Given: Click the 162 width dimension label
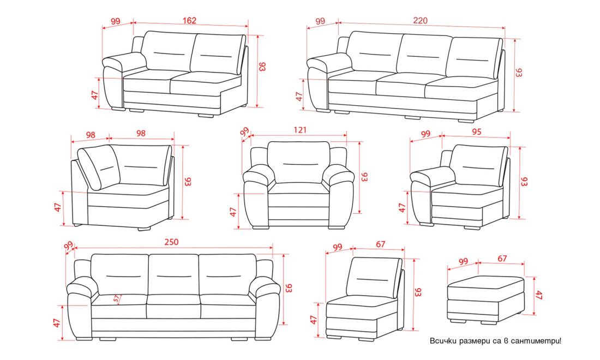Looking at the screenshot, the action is (x=189, y=20).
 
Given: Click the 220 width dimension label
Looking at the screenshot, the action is (x=420, y=21).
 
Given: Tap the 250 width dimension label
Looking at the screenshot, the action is (x=171, y=242).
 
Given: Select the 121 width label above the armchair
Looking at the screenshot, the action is (x=300, y=130).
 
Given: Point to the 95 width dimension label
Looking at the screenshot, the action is (x=476, y=132).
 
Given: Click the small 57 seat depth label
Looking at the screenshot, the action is (x=116, y=299).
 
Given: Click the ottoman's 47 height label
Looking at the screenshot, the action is (x=539, y=295).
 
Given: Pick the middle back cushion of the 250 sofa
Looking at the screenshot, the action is (x=173, y=275).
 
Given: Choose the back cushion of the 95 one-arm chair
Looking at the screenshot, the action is (x=479, y=165).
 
